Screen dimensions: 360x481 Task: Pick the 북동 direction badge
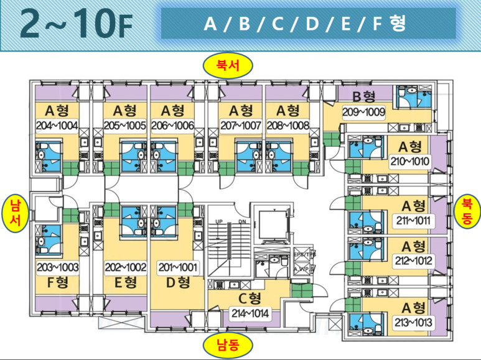[467, 211]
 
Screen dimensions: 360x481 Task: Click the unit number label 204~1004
[57, 126]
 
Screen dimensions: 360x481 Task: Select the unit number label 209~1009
[364, 113]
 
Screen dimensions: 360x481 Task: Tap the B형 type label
[364, 97]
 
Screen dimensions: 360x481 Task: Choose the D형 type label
[177, 283]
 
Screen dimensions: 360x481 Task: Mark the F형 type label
[57, 283]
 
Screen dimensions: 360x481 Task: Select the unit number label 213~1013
[413, 323]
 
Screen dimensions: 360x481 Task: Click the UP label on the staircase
[219, 221]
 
